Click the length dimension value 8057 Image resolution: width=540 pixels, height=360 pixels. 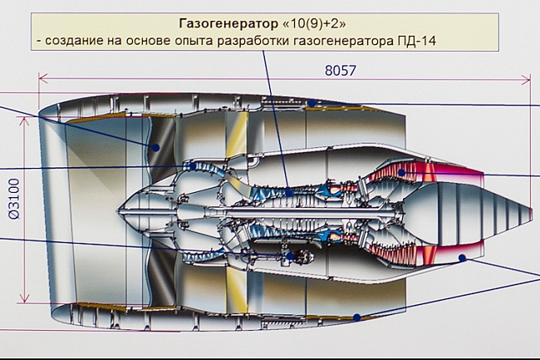point(340,71)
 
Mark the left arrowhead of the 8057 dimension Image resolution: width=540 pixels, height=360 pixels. point(42,80)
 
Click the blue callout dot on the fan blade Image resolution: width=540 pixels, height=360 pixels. point(155,147)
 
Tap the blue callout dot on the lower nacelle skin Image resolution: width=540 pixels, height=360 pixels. point(356,317)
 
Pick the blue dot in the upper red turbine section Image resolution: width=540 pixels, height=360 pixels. point(401,173)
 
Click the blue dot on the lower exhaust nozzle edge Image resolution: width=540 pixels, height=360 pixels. point(462,259)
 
